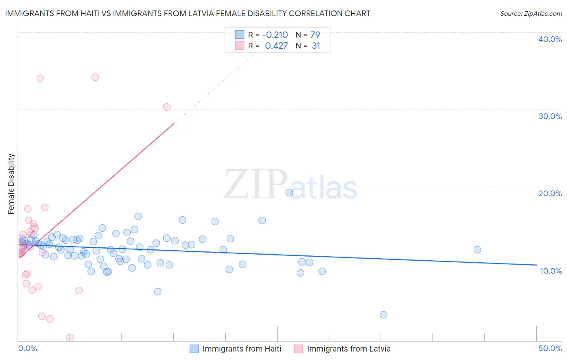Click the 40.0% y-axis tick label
click(550, 39)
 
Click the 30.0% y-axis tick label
click(550, 116)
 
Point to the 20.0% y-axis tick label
click(550, 193)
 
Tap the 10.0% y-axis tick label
click(550, 271)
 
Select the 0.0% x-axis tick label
click(27, 348)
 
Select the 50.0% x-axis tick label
click(550, 348)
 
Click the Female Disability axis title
click(11, 184)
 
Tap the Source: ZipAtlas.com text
click(531, 13)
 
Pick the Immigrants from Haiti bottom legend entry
click(242, 349)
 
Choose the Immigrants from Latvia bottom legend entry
click(348, 349)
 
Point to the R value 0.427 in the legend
click(276, 46)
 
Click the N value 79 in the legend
click(315, 35)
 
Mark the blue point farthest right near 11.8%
click(477, 249)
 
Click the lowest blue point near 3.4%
click(384, 315)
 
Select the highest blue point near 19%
click(289, 193)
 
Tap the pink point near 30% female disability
click(167, 107)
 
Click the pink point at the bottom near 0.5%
click(70, 338)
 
